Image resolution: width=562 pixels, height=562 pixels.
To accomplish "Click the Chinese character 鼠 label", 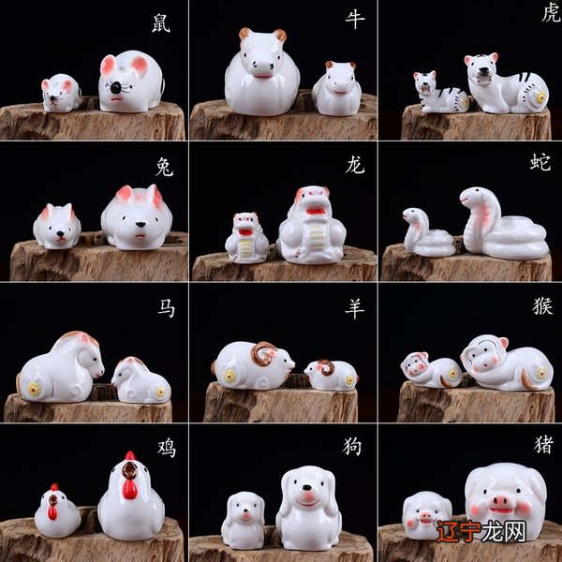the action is point(160,23).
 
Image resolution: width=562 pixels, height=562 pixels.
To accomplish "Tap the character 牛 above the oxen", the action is point(355,20).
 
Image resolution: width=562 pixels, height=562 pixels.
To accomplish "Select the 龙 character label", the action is point(355,165).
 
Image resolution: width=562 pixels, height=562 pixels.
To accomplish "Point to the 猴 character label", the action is point(542,305).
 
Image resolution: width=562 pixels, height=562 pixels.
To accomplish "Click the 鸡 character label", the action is point(167,448).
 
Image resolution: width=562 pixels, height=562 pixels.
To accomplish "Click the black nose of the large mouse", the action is point(115,87).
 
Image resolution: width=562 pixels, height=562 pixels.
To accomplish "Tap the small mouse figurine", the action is point(61,93).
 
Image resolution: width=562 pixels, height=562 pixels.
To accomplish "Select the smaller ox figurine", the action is point(337,88).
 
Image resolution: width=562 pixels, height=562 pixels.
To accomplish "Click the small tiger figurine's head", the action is point(425,81).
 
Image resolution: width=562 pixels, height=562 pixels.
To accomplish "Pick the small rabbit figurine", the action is point(57,226).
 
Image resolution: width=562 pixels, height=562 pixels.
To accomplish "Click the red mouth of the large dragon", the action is point(317,211).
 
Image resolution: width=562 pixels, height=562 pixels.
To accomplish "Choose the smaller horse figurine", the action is point(140,380).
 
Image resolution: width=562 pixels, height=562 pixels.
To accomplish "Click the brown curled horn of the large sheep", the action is point(263,353).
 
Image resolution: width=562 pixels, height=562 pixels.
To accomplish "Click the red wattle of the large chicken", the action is point(129,489).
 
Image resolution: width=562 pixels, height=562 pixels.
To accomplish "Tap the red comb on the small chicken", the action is point(54,487).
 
